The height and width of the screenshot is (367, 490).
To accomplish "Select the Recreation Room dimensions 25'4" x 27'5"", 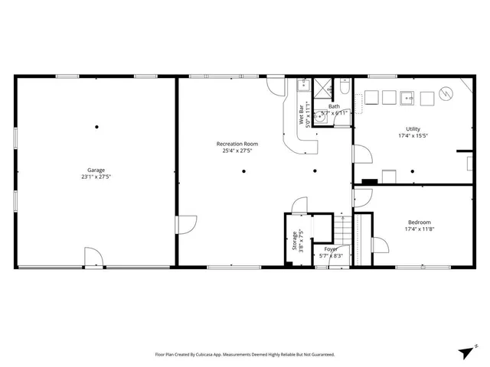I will point(237,151).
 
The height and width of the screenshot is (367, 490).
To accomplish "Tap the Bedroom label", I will point(419,222).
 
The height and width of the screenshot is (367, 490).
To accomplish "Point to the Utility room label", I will point(413,129).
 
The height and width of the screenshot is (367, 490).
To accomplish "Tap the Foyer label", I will point(331,249).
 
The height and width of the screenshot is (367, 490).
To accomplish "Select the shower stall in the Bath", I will point(323,86).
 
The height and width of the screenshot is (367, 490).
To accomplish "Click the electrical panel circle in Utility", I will point(445,94).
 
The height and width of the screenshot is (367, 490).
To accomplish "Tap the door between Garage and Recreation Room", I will point(181,224).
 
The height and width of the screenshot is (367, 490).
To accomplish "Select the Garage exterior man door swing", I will point(92,257).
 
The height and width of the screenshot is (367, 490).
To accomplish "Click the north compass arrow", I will point(466,350).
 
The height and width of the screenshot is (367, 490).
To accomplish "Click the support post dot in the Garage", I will point(96,126).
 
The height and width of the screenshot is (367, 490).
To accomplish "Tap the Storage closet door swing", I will point(299,205).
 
